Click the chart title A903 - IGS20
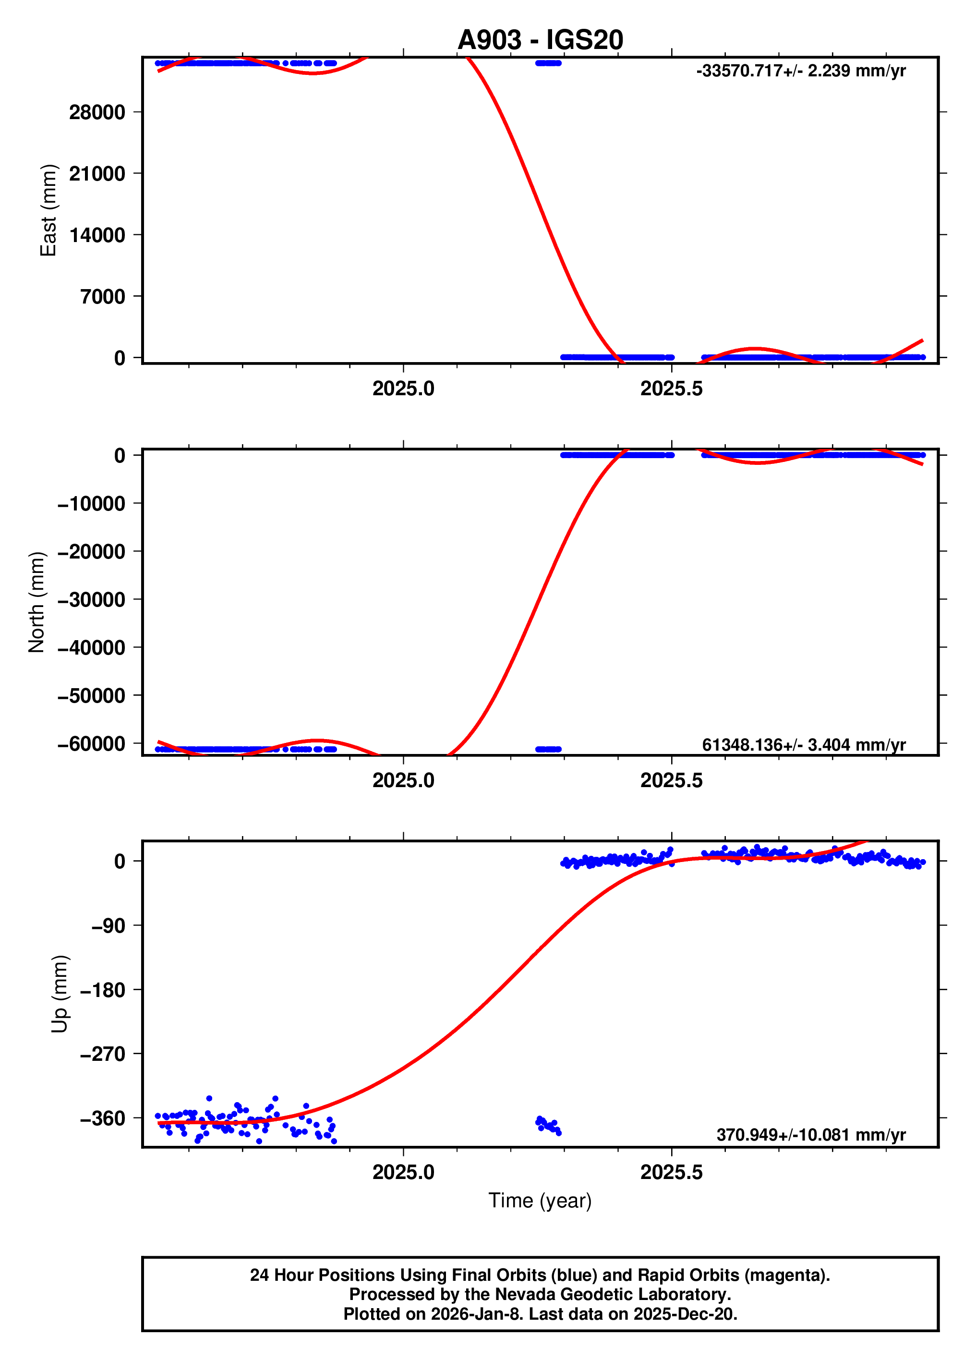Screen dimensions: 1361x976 coord(540,39)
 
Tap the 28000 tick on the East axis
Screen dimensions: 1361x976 coord(96,112)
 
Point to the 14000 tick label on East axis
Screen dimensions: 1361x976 coord(96,235)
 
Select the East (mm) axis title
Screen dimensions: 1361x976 coord(48,210)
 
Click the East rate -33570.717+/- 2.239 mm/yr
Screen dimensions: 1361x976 coord(800,71)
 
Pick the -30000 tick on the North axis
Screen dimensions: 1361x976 coord(91,599)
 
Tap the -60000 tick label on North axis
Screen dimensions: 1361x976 coord(91,743)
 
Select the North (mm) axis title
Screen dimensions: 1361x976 coord(36,602)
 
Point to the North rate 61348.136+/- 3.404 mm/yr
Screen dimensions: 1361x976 coord(803,745)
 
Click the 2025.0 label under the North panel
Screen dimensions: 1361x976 coord(403,781)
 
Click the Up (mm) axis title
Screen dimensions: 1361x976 coord(60,993)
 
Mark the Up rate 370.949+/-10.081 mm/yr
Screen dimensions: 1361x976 coord(810,1135)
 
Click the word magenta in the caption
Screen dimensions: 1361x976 coord(791,1275)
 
